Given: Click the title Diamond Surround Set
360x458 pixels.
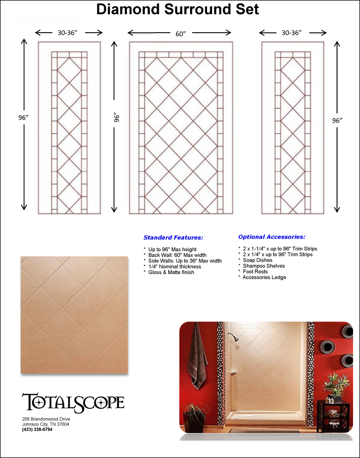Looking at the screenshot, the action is point(177,10).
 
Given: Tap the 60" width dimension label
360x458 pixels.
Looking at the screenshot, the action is point(181,34).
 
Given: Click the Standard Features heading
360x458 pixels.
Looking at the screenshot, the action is point(173,237).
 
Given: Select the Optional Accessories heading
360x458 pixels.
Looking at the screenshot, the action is point(272,237).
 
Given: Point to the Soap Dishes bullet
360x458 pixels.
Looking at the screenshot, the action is point(255,260).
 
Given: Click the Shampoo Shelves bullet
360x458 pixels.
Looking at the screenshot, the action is point(262,266).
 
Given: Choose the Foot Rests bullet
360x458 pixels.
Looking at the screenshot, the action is point(253,271).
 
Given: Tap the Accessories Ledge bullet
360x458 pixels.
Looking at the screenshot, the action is point(262,277).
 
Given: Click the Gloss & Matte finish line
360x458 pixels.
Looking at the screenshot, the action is point(169,272).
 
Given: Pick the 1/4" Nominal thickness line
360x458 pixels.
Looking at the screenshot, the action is point(172,266).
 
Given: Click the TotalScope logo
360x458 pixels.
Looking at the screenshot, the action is point(73,402).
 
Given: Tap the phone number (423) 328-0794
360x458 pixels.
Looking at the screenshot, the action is point(37,429).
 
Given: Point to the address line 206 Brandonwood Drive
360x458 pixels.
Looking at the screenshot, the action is point(46,419).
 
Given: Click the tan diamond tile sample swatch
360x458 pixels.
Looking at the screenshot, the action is point(74,315).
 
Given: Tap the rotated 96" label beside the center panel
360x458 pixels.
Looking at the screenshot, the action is point(117,118).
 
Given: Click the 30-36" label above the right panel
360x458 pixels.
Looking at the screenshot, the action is point(291,33).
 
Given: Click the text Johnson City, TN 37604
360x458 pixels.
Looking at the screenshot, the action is point(46,424).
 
